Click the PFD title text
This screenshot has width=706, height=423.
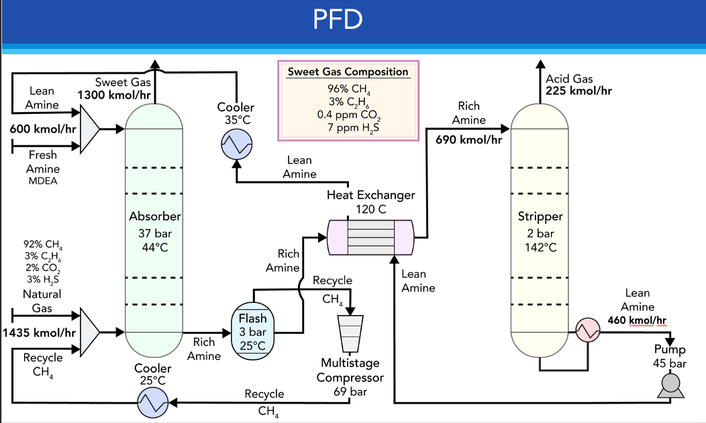click(x=338, y=19)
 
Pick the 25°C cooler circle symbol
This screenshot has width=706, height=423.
click(x=152, y=402)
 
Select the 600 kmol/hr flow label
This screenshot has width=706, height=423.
click(x=42, y=128)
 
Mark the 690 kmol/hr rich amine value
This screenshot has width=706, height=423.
click(x=468, y=140)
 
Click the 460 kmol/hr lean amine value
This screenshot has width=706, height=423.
click(x=638, y=320)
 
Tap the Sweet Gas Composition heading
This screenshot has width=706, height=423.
click(x=348, y=72)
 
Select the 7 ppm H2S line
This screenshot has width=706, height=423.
click(x=348, y=127)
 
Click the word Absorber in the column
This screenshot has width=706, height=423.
click(x=155, y=217)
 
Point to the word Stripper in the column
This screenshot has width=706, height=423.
click(x=540, y=217)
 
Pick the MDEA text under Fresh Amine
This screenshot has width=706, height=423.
click(x=43, y=180)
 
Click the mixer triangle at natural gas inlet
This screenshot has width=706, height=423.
click(x=89, y=331)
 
